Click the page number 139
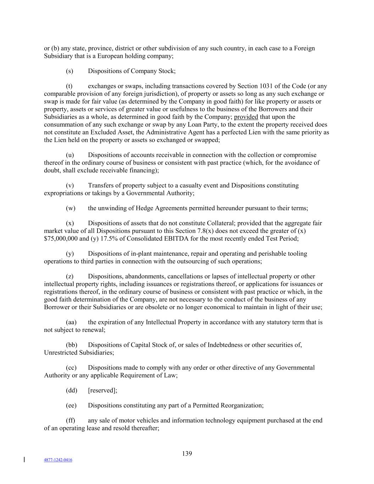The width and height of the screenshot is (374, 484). [187, 454]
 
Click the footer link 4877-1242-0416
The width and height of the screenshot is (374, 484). [58, 460]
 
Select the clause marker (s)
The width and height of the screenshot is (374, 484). [69, 71]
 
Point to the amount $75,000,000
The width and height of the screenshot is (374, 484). [61, 238]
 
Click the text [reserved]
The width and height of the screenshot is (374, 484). [102, 390]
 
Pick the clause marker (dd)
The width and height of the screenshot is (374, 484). [71, 390]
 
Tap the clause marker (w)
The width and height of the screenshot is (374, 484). [71, 208]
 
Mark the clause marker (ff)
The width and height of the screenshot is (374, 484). [71, 421]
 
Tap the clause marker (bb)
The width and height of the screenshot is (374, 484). [71, 345]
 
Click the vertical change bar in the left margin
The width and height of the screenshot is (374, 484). [24, 460]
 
